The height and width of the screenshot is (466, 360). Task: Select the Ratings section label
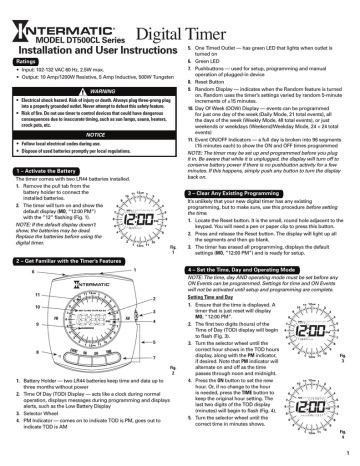coord(26,62)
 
